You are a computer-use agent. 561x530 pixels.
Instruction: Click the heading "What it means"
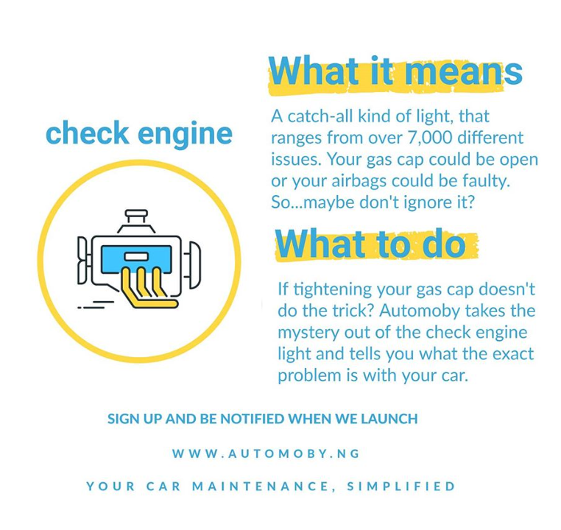pyautogui.click(x=395, y=71)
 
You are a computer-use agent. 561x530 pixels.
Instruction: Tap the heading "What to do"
pyautogui.click(x=370, y=244)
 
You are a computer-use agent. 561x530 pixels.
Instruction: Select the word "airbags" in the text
pyautogui.click(x=359, y=180)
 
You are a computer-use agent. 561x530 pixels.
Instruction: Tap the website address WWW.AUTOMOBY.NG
pyautogui.click(x=266, y=454)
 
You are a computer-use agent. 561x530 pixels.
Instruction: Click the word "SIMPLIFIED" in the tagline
pyautogui.click(x=401, y=487)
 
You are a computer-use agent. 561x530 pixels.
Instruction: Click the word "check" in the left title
pyautogui.click(x=88, y=133)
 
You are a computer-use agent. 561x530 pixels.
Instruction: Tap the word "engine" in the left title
pyautogui.click(x=185, y=135)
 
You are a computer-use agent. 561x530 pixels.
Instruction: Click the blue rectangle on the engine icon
pyautogui.click(x=136, y=258)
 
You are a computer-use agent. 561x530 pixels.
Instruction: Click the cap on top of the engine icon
pyautogui.click(x=136, y=216)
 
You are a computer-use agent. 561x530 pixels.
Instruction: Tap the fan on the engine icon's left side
pyautogui.click(x=82, y=261)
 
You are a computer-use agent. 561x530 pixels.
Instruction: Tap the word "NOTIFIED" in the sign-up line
pyautogui.click(x=253, y=419)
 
